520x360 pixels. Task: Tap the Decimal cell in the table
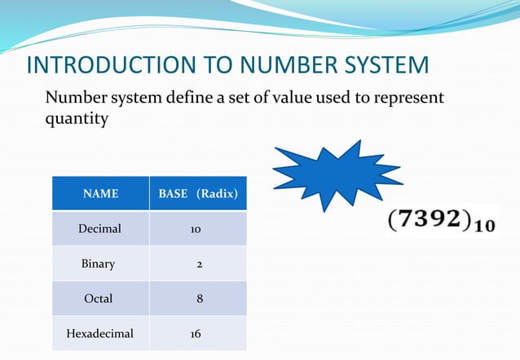[x=99, y=229]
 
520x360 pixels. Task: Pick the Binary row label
[x=99, y=264]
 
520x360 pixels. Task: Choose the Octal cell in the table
[x=99, y=299]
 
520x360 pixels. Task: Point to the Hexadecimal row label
[x=99, y=333]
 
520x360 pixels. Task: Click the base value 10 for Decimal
[x=197, y=230]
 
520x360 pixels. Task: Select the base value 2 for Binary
[x=198, y=264]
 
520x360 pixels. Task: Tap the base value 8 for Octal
[x=199, y=299]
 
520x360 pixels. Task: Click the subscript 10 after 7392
[x=484, y=228]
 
